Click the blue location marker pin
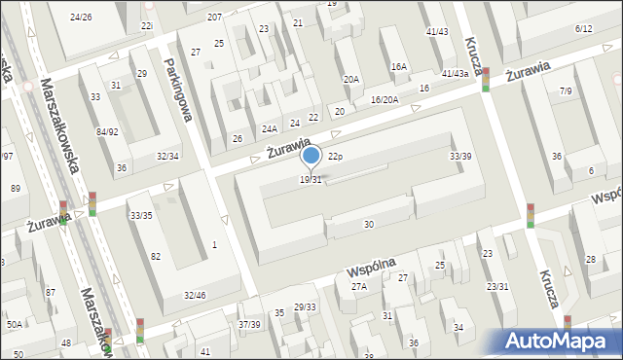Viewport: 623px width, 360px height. [x=311, y=156]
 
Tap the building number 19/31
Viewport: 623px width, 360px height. [x=311, y=180]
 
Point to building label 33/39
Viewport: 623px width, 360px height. [x=460, y=157]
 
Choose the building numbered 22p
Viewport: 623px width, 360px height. [x=335, y=156]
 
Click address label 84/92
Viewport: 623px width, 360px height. [x=107, y=131]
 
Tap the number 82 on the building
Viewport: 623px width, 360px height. [x=156, y=256]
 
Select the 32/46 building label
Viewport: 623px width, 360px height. [x=194, y=295]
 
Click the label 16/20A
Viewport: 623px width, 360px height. [x=385, y=99]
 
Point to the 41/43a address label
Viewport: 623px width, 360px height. [x=455, y=74]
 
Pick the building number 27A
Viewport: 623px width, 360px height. [x=359, y=286]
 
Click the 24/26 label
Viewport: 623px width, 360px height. [x=82, y=18]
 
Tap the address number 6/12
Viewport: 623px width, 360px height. [x=584, y=29]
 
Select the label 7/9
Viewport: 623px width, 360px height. [x=566, y=90]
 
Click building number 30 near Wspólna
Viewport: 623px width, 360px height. [x=368, y=225]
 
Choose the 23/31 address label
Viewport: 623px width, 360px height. [x=497, y=286]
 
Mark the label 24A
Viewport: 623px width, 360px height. [x=270, y=128]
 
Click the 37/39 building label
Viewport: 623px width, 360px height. [x=250, y=324]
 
